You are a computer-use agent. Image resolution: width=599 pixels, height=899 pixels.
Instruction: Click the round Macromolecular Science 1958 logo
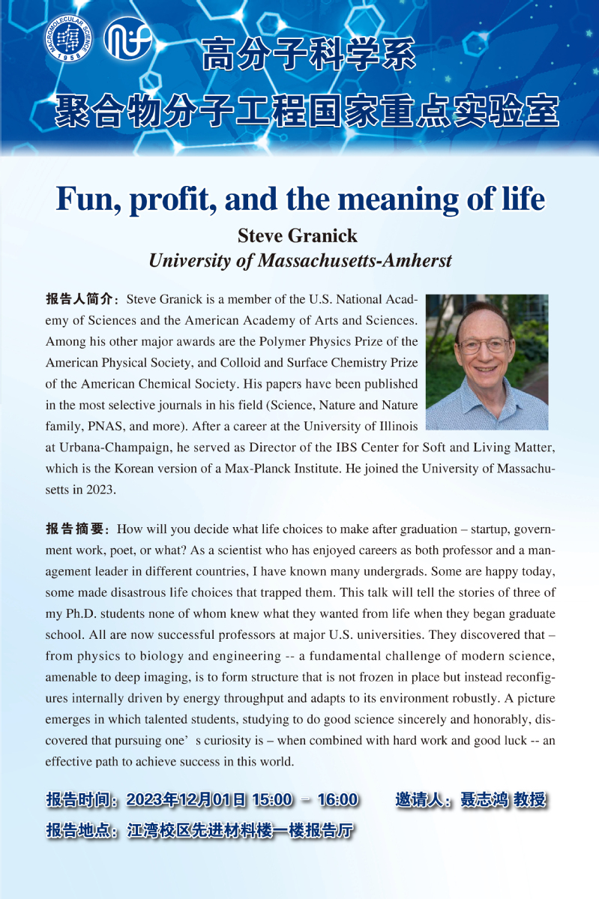(x=67, y=39)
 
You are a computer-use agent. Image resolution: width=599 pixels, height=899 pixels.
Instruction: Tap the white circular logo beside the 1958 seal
(x=127, y=38)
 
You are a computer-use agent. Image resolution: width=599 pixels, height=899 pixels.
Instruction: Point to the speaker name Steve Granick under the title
(x=298, y=236)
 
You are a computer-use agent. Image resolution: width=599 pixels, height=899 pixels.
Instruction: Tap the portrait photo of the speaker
(x=487, y=361)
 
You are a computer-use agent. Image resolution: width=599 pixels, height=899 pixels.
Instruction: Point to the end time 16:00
(x=337, y=799)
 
